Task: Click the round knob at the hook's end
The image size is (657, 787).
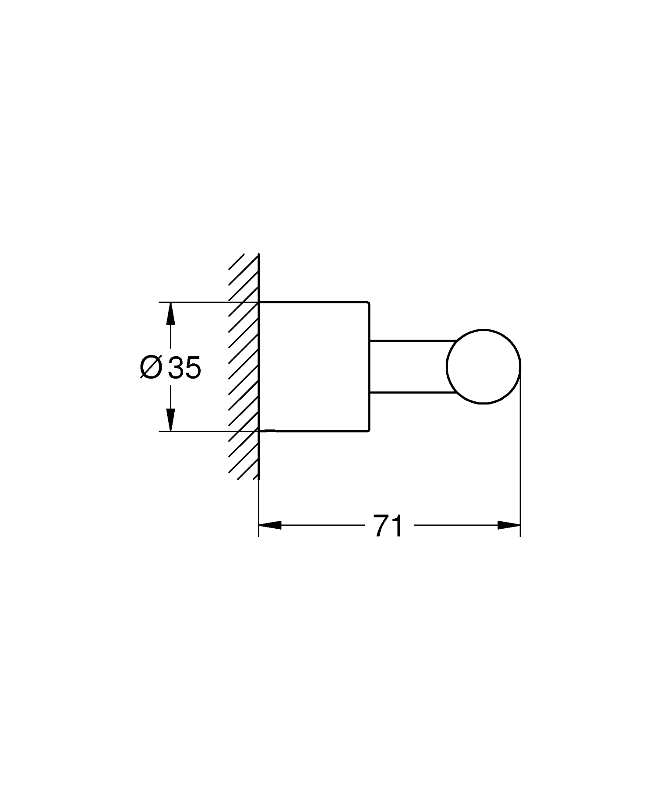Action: [484, 366]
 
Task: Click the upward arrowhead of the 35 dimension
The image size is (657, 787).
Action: [171, 313]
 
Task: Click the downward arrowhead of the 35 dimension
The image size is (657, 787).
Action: [171, 420]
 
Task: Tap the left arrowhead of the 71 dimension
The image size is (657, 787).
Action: [270, 525]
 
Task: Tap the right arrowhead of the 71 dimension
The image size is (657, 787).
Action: [509, 525]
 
